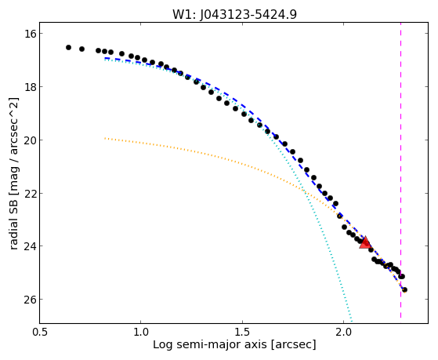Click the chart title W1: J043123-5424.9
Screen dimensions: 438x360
(234, 15)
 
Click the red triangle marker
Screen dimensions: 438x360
(365, 242)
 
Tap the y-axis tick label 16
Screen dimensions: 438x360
(30, 34)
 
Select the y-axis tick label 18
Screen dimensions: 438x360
(30, 87)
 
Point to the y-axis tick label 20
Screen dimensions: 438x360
(30, 140)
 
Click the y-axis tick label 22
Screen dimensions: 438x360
(30, 193)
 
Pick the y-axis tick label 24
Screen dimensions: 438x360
(30, 246)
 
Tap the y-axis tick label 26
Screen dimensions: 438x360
(30, 300)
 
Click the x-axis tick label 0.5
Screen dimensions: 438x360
(40, 332)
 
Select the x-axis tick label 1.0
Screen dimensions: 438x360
(141, 332)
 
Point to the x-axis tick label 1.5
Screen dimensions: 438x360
(242, 332)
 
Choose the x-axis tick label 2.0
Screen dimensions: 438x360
(344, 332)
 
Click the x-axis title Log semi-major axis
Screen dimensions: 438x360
(210, 344)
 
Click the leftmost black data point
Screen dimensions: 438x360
(68, 48)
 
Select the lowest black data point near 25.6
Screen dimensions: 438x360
(404, 289)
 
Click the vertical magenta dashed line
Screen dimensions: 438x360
(401, 170)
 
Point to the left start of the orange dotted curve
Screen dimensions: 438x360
(105, 138)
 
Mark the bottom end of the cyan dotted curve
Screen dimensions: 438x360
(352, 322)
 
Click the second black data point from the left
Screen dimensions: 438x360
(81, 49)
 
